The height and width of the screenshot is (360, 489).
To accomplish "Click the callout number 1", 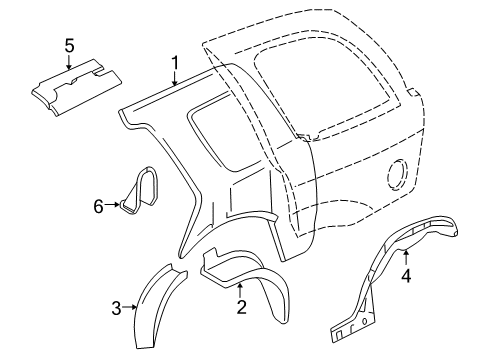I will (175, 66).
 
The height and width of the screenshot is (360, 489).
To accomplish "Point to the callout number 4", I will (405, 276).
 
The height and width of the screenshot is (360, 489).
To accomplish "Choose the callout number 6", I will (99, 207).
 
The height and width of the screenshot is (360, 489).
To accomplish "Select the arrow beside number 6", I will (114, 207).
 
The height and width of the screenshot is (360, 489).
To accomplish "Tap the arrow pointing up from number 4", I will (405, 257).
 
